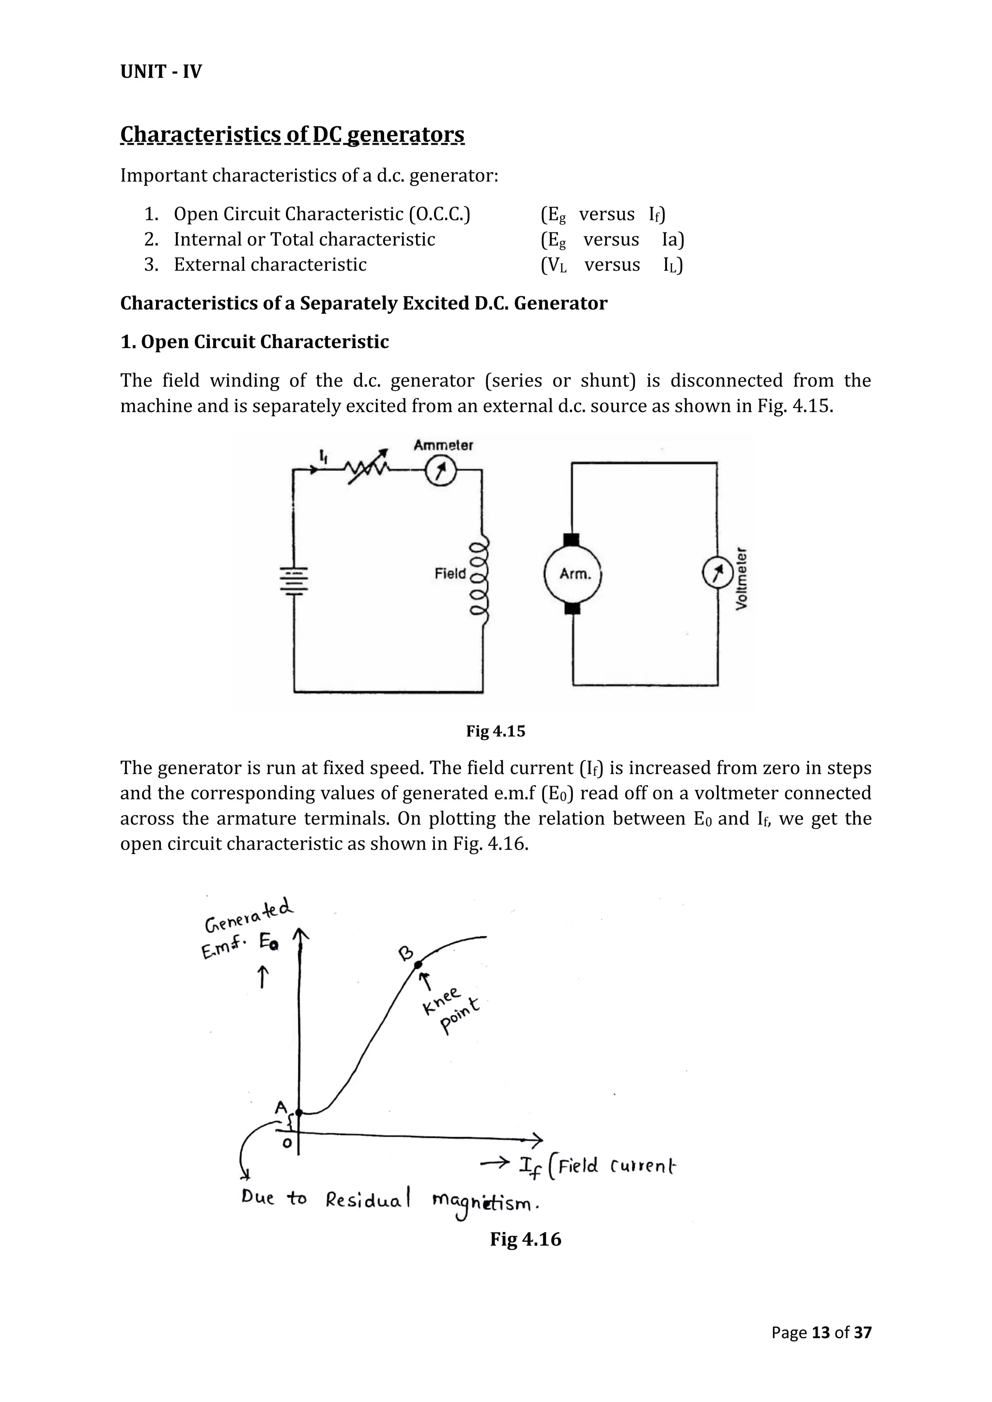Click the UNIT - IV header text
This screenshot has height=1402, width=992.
click(161, 72)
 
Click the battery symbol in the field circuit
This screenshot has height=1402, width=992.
click(294, 579)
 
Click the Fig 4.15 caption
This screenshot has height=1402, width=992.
click(496, 731)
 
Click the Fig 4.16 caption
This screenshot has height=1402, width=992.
click(526, 1239)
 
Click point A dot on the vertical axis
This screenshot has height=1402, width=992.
click(299, 1112)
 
